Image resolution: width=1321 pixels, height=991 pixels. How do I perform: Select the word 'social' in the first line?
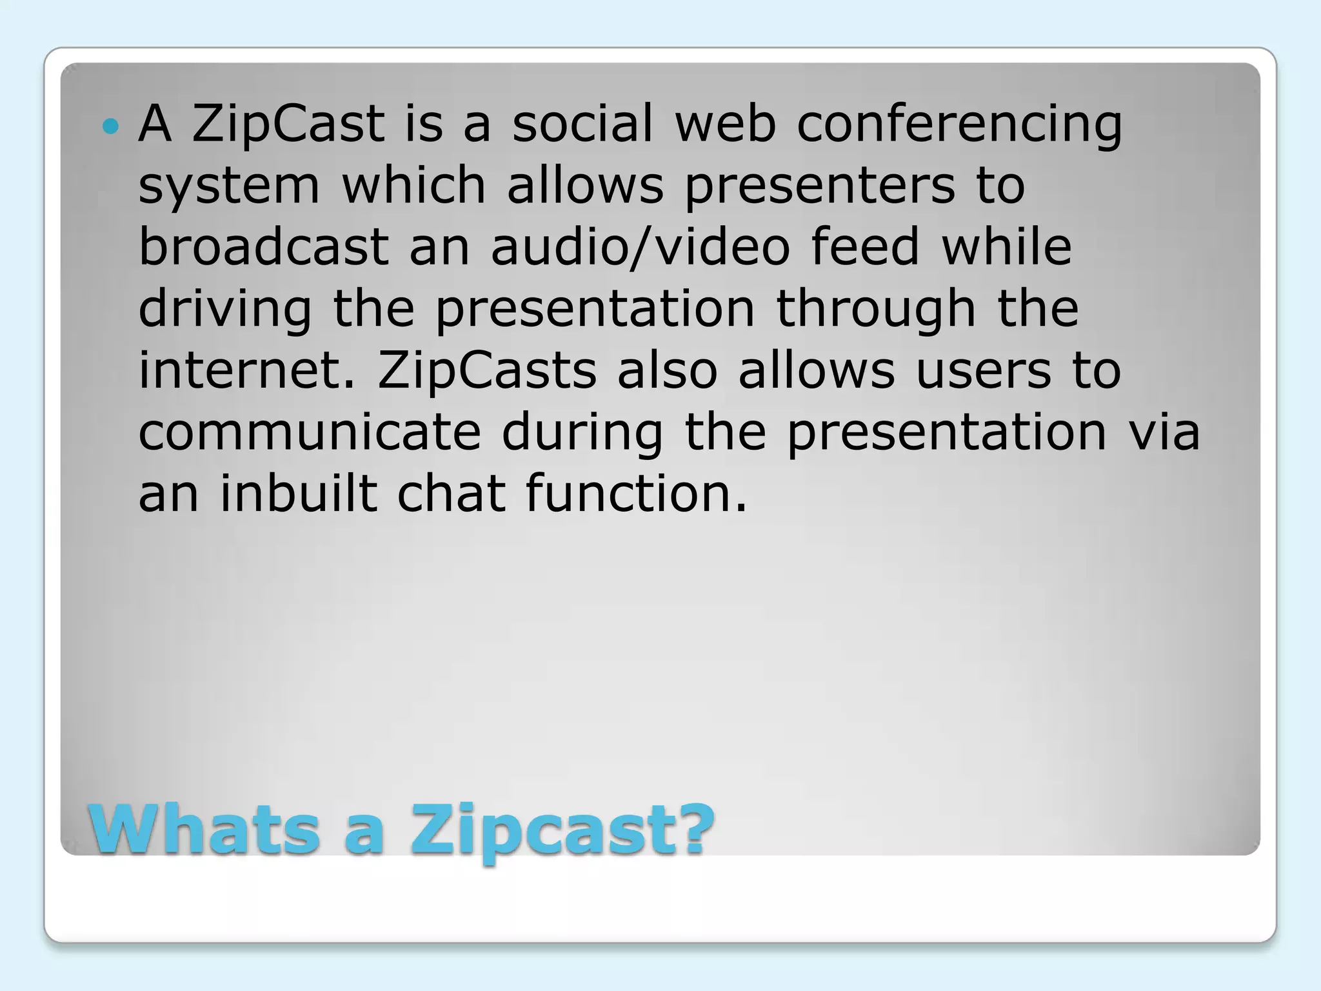pyautogui.click(x=582, y=123)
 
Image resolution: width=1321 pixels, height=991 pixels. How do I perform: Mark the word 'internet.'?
pyautogui.click(x=247, y=370)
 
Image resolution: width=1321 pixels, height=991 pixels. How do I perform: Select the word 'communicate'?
pyautogui.click(x=310, y=432)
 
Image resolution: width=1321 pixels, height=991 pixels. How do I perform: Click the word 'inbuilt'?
pyautogui.click(x=299, y=494)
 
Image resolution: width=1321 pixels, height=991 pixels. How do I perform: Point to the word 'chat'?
pyautogui.click(x=451, y=494)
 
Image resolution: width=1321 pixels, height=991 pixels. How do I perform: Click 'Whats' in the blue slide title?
pyautogui.click(x=204, y=829)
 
